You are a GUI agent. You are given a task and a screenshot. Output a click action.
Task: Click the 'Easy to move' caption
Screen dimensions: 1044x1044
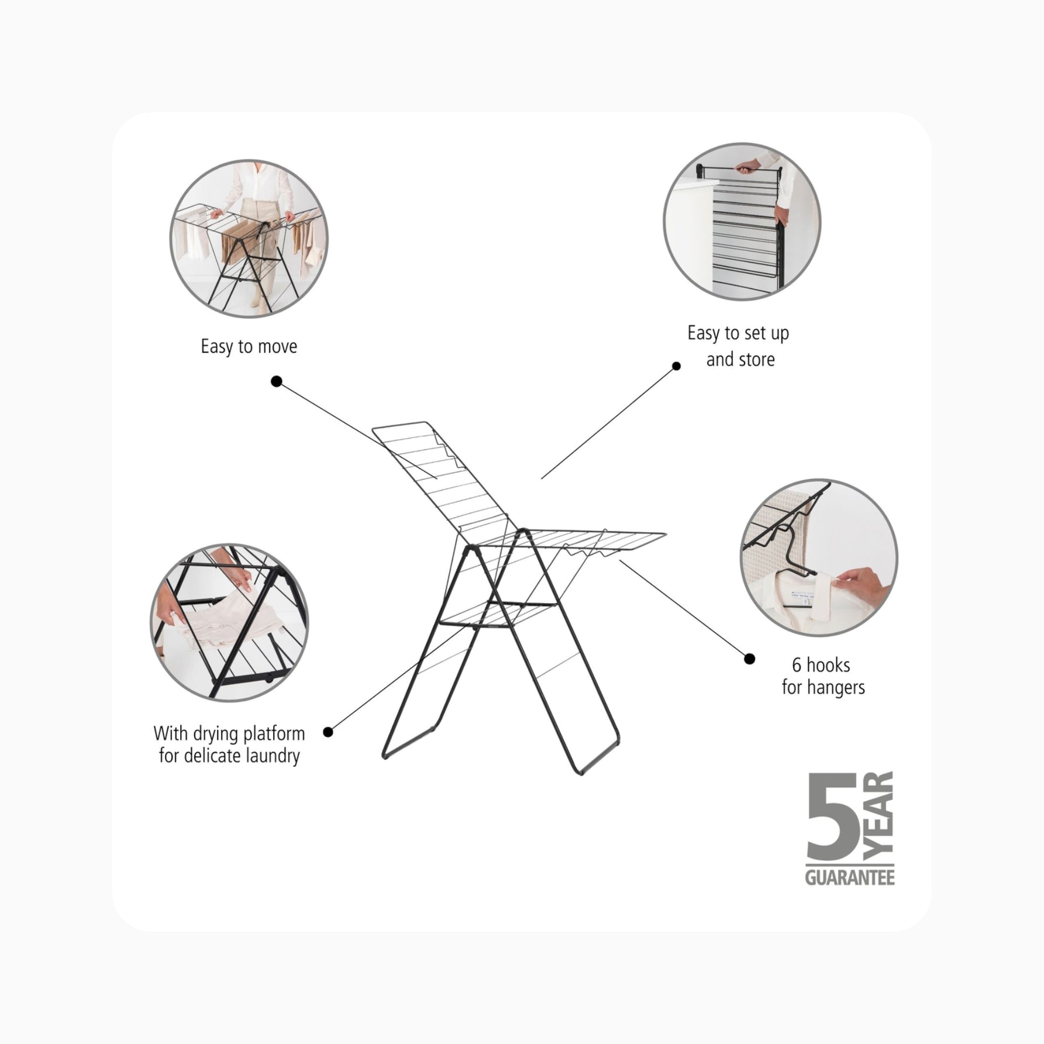click(x=249, y=347)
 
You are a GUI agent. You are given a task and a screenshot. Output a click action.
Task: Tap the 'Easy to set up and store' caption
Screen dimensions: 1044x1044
click(x=739, y=346)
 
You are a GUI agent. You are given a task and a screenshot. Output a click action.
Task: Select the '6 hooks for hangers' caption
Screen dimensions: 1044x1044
click(x=823, y=676)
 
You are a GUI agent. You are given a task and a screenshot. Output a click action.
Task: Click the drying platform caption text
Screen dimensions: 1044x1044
click(x=229, y=745)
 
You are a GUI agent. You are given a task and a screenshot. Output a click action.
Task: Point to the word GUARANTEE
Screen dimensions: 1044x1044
click(x=850, y=878)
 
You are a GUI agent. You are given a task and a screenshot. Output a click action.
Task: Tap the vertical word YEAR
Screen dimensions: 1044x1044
click(x=879, y=816)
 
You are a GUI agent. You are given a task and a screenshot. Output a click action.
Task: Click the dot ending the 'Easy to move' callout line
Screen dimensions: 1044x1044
click(x=277, y=381)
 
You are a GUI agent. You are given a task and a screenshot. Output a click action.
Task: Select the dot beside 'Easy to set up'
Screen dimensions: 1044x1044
click(x=676, y=366)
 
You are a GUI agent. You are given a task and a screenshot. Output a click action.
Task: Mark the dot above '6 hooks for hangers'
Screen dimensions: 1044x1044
click(x=749, y=659)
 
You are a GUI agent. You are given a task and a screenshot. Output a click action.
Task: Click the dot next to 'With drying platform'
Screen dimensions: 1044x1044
click(x=328, y=732)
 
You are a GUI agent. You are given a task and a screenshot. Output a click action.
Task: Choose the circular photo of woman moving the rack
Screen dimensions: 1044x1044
click(x=249, y=239)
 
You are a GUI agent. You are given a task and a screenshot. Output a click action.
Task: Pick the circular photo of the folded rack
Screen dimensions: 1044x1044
click(x=742, y=222)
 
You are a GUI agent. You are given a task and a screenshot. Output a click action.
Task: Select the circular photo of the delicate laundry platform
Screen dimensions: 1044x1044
click(x=230, y=622)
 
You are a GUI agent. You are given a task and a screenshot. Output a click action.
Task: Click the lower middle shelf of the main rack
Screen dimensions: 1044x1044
click(x=497, y=614)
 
